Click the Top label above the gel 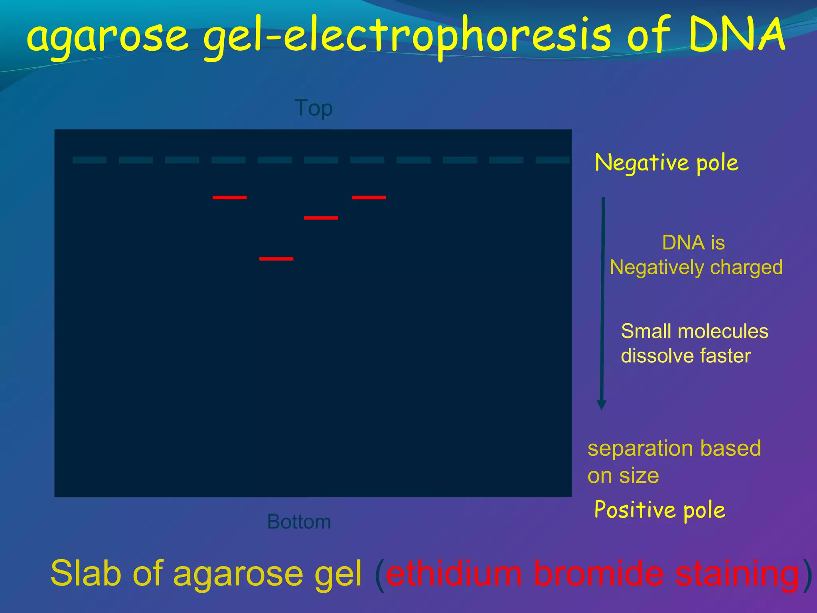tap(314, 108)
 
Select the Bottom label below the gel tap(299, 522)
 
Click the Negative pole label tap(666, 163)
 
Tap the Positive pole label tap(659, 510)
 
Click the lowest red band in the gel tap(276, 259)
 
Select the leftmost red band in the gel tap(229, 197)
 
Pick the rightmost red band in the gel tap(369, 197)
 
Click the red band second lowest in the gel tap(321, 218)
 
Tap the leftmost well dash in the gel tap(89, 160)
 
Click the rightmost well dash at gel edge tap(553, 160)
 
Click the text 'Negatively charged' tap(696, 267)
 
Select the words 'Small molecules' tap(694, 331)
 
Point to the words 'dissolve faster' tap(685, 356)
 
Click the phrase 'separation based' tap(674, 448)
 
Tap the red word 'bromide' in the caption tap(598, 573)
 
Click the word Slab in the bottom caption tap(85, 573)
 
